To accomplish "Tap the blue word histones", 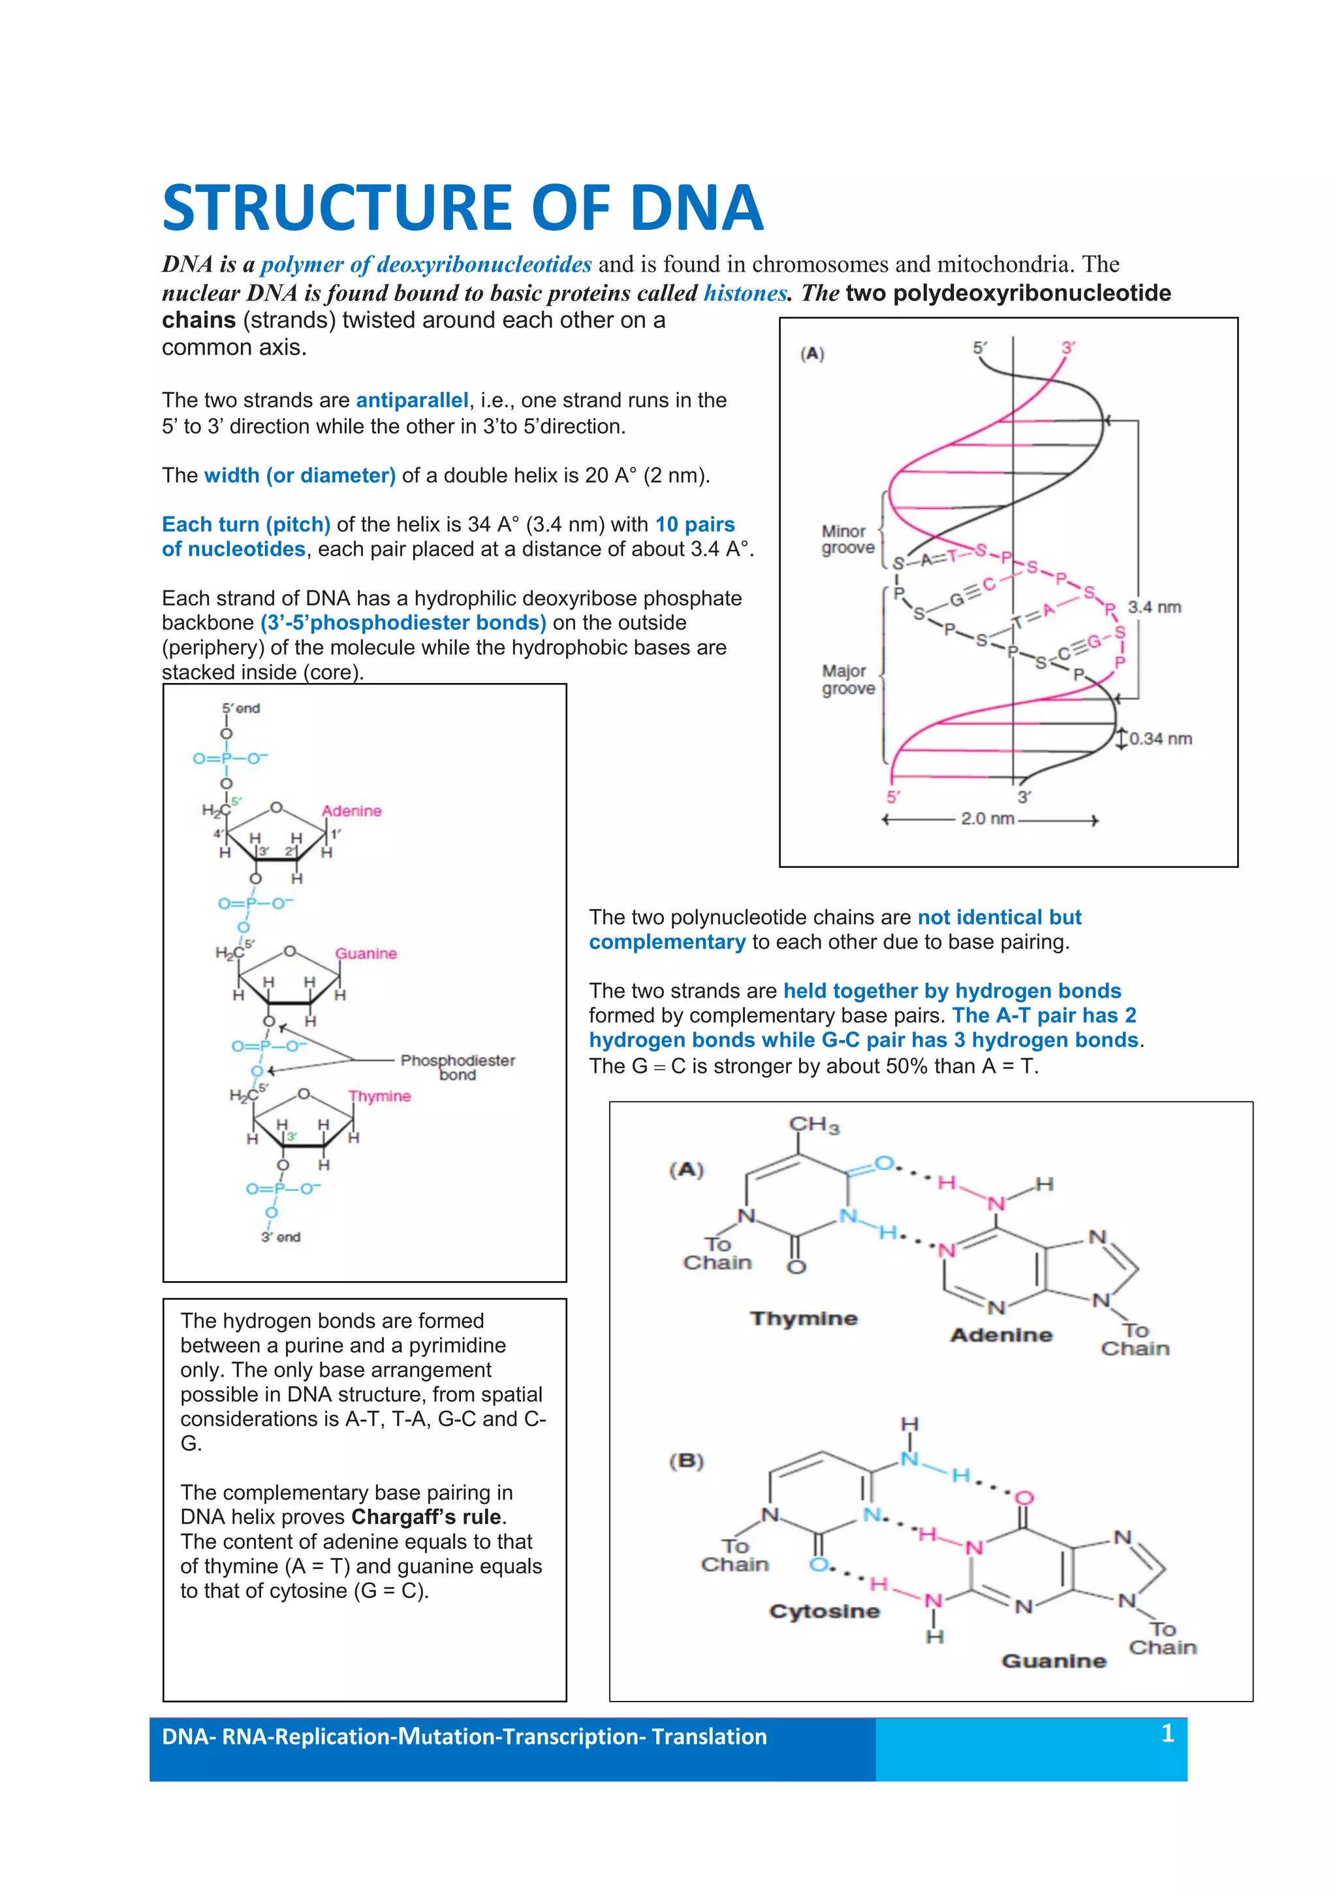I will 744,293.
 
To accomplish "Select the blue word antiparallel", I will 412,400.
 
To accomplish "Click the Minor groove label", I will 847,539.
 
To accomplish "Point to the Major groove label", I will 847,680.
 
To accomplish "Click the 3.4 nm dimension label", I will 1154,607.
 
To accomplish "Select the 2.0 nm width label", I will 986,819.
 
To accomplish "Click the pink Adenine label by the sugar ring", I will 351,811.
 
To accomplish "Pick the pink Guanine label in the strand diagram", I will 366,954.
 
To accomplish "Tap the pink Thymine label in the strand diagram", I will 379,1096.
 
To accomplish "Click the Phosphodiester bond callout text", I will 458,1068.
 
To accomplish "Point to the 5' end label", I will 240,708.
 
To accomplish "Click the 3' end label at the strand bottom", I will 281,1237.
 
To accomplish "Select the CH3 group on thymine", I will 813,1125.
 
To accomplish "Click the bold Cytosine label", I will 824,1611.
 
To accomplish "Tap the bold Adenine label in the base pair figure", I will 1001,1335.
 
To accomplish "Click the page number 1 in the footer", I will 1167,1734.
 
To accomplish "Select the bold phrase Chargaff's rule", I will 426,1517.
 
